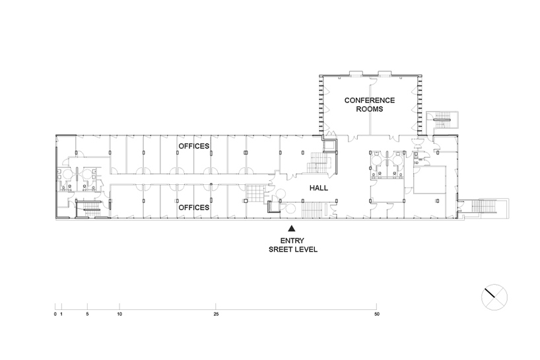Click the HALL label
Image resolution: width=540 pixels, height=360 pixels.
319,188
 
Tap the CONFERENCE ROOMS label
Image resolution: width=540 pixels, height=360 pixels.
370,105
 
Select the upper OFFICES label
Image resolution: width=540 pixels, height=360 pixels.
194,146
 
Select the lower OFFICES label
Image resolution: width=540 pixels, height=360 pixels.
194,207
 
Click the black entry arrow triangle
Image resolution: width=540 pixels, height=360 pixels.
292,228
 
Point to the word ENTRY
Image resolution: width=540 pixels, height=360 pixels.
292,241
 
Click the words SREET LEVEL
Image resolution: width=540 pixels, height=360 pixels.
293,250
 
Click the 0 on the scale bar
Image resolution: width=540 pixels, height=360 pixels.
55,314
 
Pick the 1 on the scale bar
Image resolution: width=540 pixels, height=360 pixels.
61,314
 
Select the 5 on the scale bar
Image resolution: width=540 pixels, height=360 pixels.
88,314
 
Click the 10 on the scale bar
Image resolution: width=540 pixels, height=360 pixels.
119,314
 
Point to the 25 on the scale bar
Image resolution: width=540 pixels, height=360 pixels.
216,314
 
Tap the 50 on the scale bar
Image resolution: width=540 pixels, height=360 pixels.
377,314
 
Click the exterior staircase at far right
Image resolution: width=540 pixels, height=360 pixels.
483,206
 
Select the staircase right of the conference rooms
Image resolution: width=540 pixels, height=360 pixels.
442,120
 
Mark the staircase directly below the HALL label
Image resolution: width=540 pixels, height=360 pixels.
314,210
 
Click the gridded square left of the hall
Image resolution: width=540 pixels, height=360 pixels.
254,194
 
